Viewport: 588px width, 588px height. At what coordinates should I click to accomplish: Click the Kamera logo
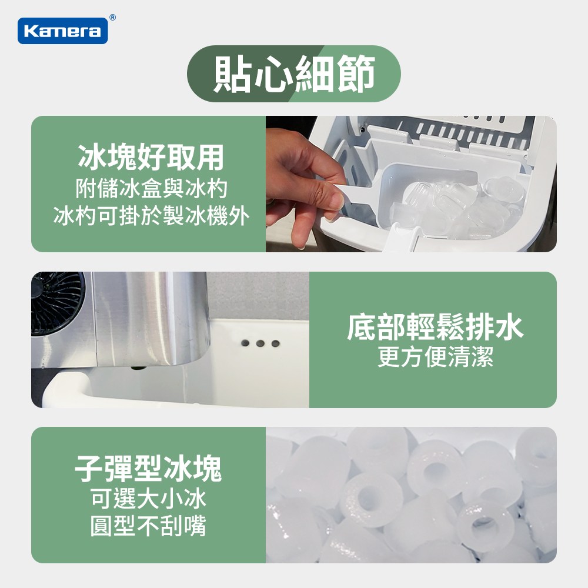click(62, 31)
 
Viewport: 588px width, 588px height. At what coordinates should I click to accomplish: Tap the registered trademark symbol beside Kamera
click(112, 18)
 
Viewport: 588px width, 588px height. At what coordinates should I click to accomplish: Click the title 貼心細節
click(294, 73)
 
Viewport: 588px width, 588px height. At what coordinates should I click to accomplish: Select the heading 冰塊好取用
click(151, 157)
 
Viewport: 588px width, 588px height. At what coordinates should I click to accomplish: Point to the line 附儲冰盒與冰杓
click(151, 189)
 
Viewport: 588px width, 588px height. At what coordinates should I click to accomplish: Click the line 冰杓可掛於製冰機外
click(151, 216)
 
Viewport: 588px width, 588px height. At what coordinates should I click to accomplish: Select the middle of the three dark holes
click(260, 343)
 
